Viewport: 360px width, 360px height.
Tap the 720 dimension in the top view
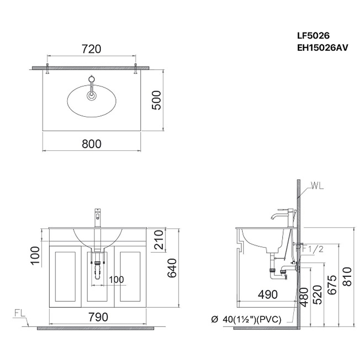[91, 49]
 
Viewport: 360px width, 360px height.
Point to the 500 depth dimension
[156, 101]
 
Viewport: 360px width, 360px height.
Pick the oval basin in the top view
[92, 100]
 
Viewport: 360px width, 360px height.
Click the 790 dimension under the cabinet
[98, 317]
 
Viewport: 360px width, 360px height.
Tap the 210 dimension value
[156, 240]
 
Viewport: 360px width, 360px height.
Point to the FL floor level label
[19, 314]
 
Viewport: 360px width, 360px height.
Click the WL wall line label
[316, 185]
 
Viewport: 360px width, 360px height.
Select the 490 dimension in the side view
[268, 294]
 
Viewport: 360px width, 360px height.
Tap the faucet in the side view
[282, 217]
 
